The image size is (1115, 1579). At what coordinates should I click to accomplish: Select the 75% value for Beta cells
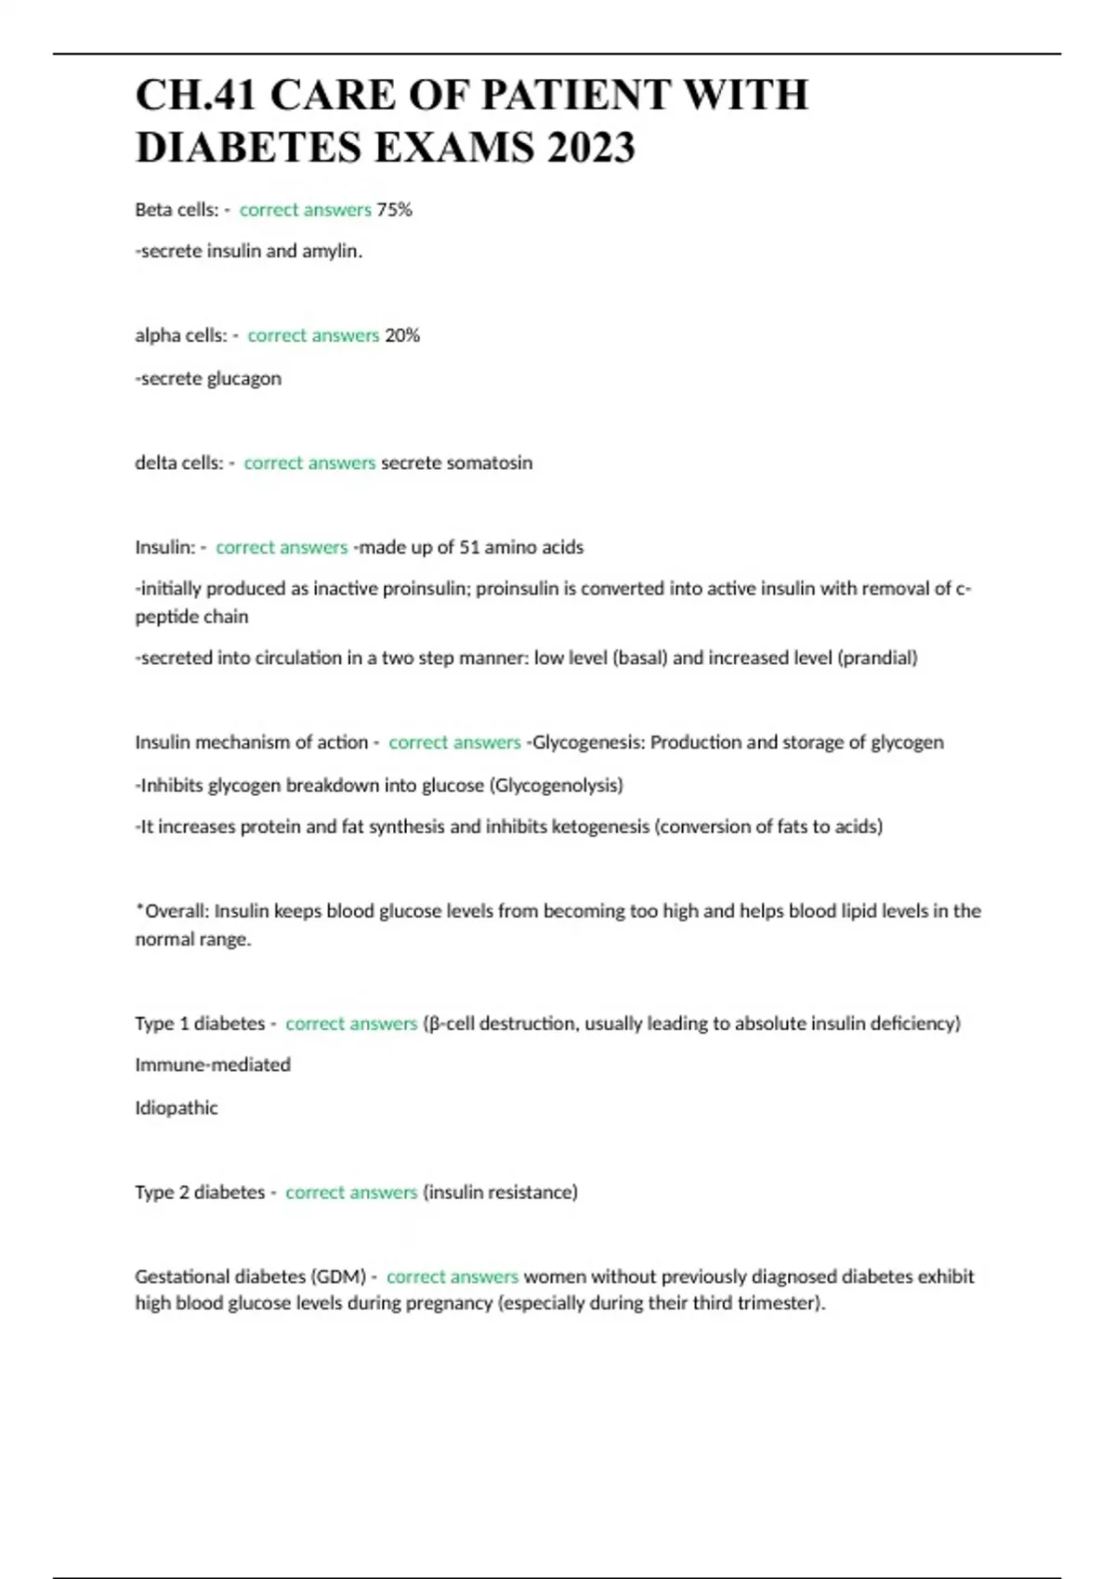(x=394, y=210)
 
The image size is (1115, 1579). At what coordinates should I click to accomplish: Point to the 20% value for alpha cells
(x=402, y=335)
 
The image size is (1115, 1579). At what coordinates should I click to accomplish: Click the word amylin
(x=331, y=251)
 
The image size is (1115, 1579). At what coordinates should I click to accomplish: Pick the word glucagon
(x=243, y=378)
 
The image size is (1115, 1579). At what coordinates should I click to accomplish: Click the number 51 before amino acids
(x=469, y=547)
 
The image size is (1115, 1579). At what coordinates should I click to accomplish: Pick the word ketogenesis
(x=600, y=827)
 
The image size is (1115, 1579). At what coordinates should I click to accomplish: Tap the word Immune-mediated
(x=213, y=1064)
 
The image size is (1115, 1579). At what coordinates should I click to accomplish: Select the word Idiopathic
(x=177, y=1107)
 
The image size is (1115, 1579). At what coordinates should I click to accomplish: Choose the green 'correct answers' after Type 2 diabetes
(x=351, y=1192)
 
